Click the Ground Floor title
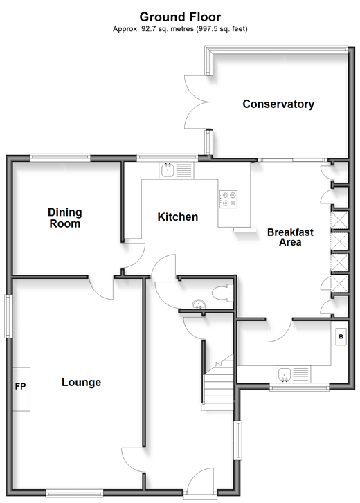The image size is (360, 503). tap(180, 17)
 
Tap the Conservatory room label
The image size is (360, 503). tap(278, 104)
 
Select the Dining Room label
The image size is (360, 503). tap(65, 218)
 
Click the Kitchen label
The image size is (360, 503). tap(177, 217)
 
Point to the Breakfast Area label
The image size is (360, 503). tap(290, 237)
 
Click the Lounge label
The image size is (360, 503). tap(81, 382)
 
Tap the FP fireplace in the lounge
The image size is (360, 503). tap(21, 389)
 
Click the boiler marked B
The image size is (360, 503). tap(341, 336)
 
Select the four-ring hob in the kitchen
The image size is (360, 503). tap(228, 199)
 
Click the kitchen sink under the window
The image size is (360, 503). tap(177, 170)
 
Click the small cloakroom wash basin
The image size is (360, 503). tap(199, 305)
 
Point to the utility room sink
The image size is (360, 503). tap(293, 374)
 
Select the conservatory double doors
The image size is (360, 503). tap(197, 102)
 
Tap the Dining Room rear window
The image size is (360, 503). tap(60, 157)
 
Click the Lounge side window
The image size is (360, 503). tap(8, 316)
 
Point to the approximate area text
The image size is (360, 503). tap(180, 29)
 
